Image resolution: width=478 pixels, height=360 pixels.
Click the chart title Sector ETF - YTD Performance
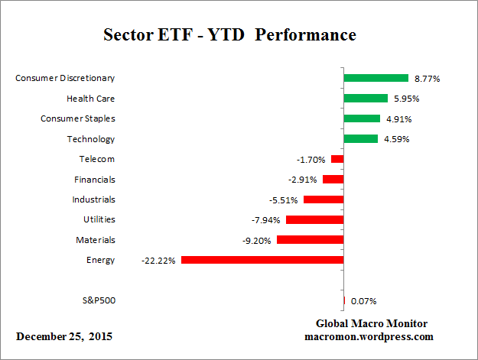pos(229,36)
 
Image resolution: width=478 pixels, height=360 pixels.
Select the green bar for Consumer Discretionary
pos(376,78)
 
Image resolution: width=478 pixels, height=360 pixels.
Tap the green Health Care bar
pos(366,98)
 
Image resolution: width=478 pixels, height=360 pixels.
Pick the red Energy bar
pos(262,260)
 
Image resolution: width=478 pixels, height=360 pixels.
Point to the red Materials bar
pos(310,239)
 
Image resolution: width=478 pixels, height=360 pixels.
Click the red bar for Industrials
pos(324,199)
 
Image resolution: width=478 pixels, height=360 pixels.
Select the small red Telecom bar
pos(337,159)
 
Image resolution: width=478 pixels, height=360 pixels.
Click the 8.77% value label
pos(427,78)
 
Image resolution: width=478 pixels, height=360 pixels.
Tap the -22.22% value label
pos(158,260)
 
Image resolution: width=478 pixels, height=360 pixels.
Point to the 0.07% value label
pos(363,301)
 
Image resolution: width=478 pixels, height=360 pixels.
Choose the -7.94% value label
pos(267,219)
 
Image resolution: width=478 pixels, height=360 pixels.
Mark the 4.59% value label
pos(396,139)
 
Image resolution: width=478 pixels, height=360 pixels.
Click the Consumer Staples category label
pos(77,118)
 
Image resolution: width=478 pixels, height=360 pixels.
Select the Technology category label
pos(90,139)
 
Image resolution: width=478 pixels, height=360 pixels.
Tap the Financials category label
pos(95,180)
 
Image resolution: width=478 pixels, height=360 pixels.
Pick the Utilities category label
pos(99,219)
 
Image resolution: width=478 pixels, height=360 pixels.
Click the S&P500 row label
pos(98,300)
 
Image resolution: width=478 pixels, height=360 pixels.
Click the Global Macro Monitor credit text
pos(372,323)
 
